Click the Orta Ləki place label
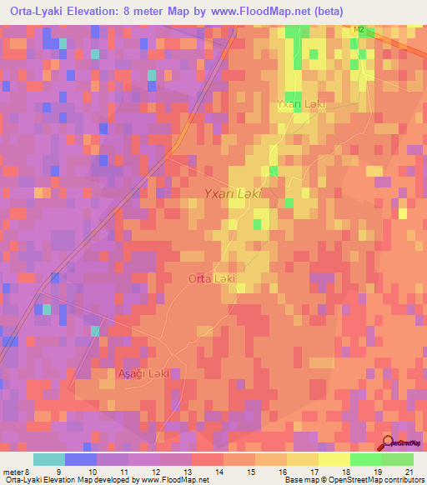(212, 278)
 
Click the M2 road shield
(359, 30)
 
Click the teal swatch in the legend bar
(49, 459)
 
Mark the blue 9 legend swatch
(81, 459)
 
